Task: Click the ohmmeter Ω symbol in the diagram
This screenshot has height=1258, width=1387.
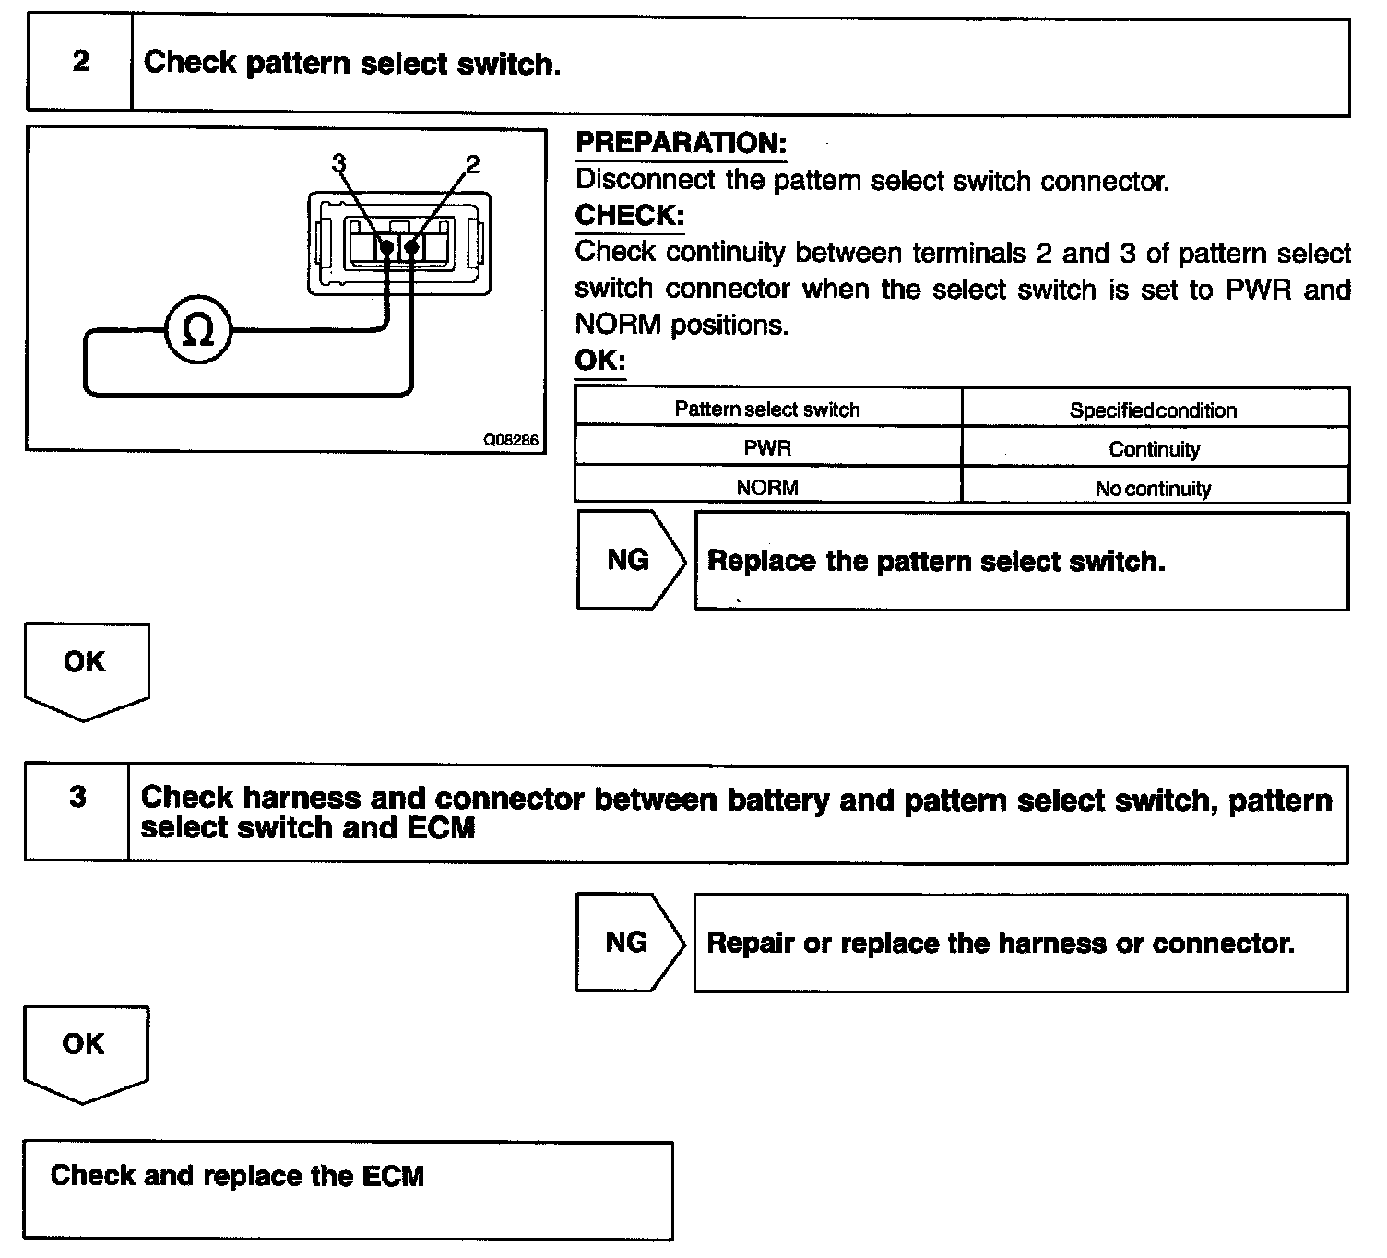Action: click(x=198, y=330)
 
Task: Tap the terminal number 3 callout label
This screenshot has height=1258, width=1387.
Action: click(x=338, y=163)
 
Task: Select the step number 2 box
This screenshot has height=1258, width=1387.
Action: click(x=81, y=63)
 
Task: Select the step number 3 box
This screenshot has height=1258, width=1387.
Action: click(x=78, y=798)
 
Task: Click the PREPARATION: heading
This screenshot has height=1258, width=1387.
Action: click(x=681, y=143)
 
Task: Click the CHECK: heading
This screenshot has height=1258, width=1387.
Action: click(x=630, y=215)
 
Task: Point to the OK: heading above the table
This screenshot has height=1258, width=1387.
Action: click(x=599, y=360)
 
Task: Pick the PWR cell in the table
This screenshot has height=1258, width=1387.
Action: click(x=767, y=448)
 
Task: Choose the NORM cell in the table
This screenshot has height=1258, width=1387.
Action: click(x=767, y=487)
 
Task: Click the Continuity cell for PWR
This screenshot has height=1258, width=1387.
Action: click(x=1154, y=449)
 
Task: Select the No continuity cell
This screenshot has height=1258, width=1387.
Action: click(x=1153, y=488)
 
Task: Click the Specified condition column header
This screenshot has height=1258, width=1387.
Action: click(x=1153, y=410)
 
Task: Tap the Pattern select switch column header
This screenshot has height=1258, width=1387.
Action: click(x=767, y=409)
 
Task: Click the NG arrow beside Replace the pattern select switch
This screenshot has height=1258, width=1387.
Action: click(x=629, y=560)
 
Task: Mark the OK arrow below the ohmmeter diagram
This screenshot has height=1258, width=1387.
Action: click(x=85, y=667)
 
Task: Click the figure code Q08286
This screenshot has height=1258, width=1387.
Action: click(x=511, y=440)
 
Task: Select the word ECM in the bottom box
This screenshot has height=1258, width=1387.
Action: click(x=394, y=1176)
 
